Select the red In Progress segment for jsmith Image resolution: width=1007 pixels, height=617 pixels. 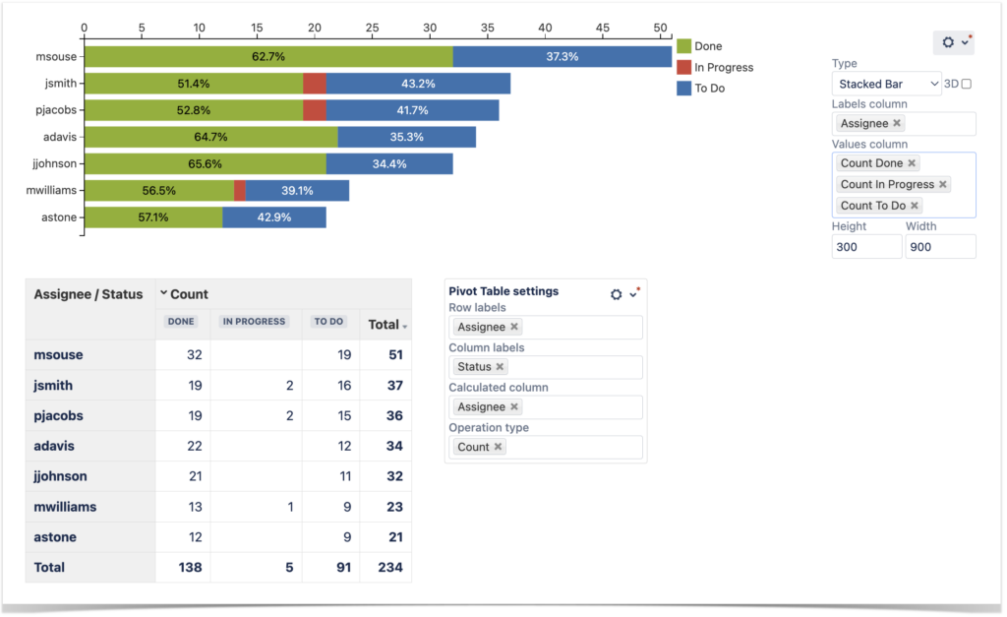(315, 84)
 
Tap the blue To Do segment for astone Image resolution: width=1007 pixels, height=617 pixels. (274, 216)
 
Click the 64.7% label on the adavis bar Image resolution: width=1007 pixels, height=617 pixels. (211, 137)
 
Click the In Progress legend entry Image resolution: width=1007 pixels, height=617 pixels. (723, 68)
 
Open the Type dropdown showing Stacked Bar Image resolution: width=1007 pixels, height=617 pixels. (885, 85)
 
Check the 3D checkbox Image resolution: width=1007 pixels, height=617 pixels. (966, 85)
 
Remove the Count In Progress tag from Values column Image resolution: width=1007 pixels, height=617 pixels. (943, 185)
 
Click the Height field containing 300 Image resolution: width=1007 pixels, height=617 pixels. (865, 247)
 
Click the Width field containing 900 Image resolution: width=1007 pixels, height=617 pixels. (939, 247)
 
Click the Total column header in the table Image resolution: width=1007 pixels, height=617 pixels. (385, 324)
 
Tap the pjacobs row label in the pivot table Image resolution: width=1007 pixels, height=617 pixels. (59, 415)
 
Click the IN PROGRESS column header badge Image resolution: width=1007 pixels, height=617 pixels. (254, 322)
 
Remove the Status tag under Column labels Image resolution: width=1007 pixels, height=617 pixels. (500, 367)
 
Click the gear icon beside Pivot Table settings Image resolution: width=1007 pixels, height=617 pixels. (617, 294)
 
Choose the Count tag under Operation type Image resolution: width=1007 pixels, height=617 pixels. (473, 447)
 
